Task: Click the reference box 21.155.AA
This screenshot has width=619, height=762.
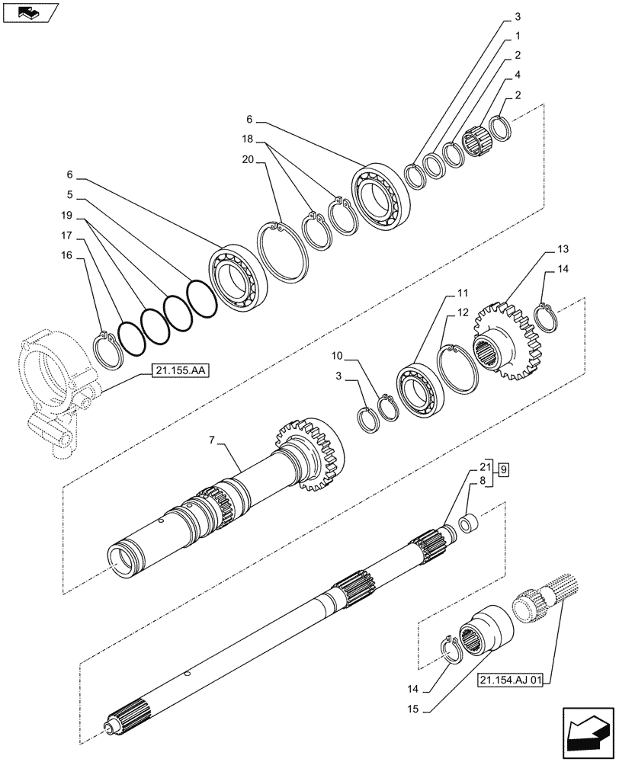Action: [180, 371]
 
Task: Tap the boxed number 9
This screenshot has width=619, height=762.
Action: [505, 469]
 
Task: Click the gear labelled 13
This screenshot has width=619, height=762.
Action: [506, 339]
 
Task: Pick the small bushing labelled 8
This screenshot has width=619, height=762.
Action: [471, 526]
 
